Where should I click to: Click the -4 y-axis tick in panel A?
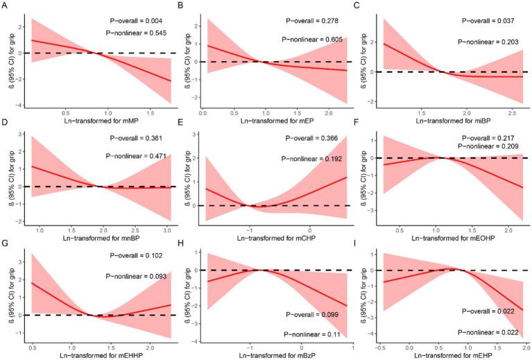click(x=21, y=103)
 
